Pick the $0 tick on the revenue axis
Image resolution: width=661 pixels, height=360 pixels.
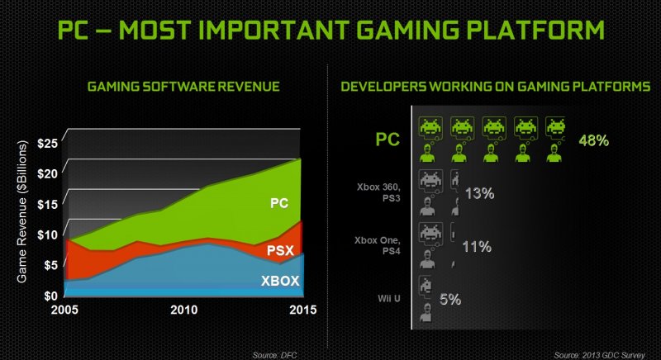50,295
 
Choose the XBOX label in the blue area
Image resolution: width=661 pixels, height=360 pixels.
279,281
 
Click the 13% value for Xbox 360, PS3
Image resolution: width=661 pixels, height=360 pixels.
479,193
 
